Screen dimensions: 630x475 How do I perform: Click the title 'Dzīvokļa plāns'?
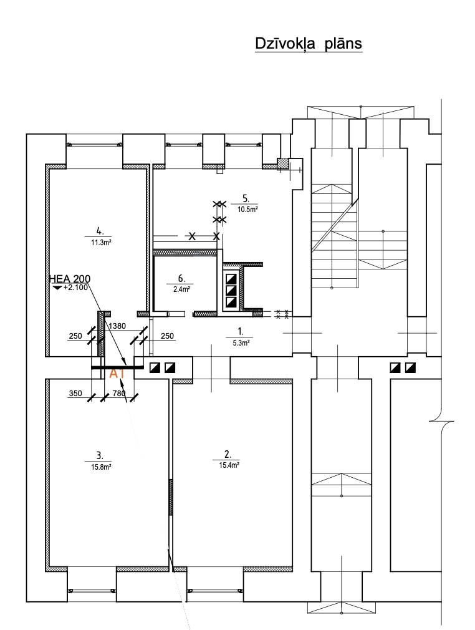(309, 44)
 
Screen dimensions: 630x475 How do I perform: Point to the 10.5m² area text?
(246, 209)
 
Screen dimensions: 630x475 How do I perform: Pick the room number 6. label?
(181, 279)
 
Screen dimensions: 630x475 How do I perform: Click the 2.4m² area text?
(181, 289)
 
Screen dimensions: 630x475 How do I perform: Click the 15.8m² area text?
(99, 465)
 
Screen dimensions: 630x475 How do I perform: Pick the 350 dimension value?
(75, 394)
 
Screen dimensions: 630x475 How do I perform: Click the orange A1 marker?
(118, 374)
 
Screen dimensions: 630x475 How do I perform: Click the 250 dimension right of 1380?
(168, 336)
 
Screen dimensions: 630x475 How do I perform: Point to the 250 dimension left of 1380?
(75, 336)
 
